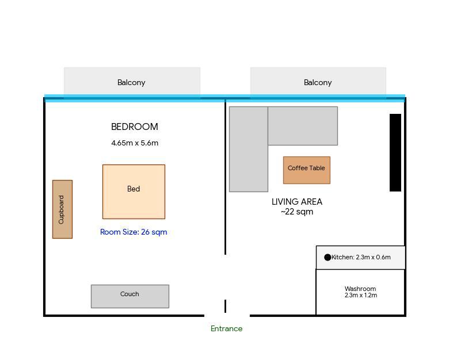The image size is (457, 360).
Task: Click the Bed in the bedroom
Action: [134, 192]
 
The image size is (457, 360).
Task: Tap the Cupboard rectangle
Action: [62, 209]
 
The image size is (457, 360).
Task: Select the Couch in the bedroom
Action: [130, 296]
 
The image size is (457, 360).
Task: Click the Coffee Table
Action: [307, 170]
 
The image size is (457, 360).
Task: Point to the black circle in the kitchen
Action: [327, 257]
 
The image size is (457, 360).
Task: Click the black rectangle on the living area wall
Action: [395, 152]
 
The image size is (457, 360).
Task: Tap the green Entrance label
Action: [226, 328]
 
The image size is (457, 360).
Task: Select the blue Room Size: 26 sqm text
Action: [134, 232]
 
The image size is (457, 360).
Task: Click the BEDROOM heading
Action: [135, 127]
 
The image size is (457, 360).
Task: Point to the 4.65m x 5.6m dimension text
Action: [135, 143]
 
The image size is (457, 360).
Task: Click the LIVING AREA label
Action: [297, 201]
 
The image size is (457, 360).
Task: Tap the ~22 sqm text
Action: [297, 212]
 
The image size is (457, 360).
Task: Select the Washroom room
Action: [360, 292]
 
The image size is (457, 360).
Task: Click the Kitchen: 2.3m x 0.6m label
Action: [361, 257]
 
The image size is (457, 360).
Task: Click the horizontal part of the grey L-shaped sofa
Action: [303, 126]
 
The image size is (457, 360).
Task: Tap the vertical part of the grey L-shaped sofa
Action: [249, 149]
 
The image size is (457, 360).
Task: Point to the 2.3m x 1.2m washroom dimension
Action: [361, 296]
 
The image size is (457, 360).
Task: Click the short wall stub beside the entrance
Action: [225, 306]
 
